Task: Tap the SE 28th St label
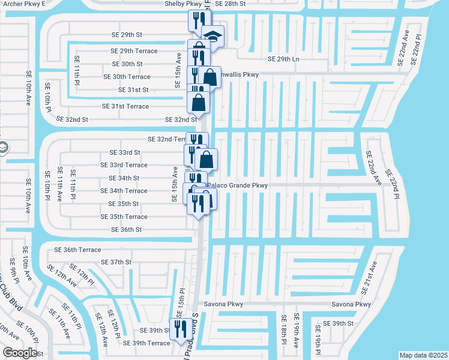[231, 4]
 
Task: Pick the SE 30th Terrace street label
[127, 77]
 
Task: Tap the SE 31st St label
[134, 90]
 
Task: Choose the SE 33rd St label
[124, 152]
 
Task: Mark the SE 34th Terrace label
[124, 191]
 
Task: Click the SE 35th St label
[124, 204]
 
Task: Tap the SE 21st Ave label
[369, 278]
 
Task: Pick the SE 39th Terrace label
[146, 343]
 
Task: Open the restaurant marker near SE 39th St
[178, 328]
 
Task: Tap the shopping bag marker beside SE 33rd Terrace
[206, 160]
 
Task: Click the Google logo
[20, 353]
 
